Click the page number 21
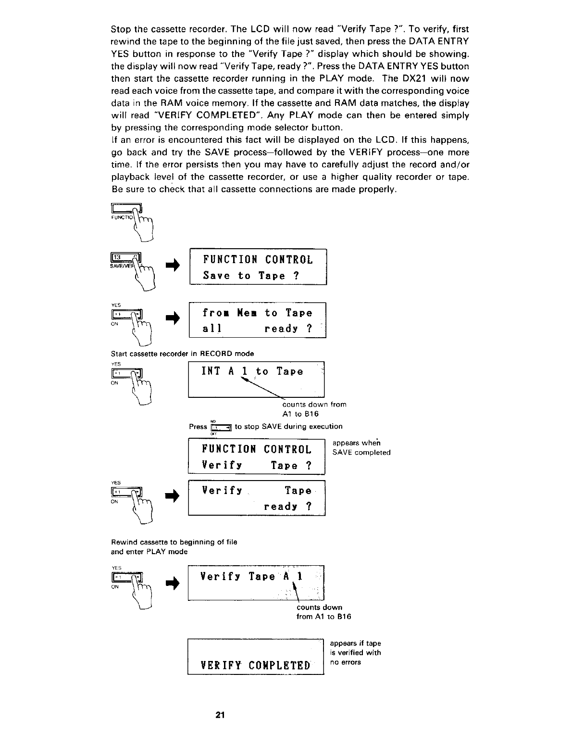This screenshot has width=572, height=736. tap(220, 714)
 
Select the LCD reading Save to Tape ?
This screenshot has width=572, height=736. tap(258, 267)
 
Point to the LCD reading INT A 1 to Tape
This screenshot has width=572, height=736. tap(256, 379)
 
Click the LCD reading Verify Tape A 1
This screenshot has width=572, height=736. tap(256, 583)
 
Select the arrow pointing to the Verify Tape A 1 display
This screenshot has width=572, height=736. tap(172, 584)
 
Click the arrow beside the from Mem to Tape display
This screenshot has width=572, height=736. tap(172, 317)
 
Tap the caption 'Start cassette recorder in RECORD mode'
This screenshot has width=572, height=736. tap(182, 354)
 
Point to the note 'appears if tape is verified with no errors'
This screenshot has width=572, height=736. tap(355, 653)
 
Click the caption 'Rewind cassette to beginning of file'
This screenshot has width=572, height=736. tap(174, 542)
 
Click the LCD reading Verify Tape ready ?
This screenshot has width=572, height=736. tap(257, 498)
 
